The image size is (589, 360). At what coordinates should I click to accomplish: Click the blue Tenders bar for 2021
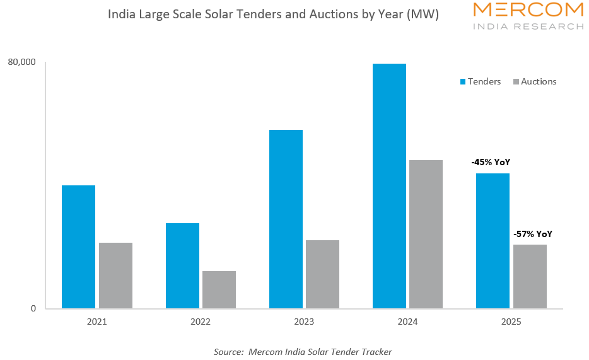point(79,247)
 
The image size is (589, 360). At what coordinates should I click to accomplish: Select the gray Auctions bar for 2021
point(115,276)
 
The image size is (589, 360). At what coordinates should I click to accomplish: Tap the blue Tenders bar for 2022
point(182,265)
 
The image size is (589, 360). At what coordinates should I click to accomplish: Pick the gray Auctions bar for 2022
point(219,289)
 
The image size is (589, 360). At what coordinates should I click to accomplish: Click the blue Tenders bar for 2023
point(286,219)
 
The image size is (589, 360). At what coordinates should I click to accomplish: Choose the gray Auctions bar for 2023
point(322,274)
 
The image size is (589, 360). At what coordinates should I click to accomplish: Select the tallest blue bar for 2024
point(389,186)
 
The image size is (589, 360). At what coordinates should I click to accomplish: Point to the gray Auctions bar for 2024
point(426,234)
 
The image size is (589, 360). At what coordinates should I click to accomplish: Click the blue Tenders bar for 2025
point(493,241)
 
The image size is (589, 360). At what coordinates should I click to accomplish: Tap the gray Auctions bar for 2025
point(530,276)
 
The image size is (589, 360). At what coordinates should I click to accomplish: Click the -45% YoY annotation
point(491,162)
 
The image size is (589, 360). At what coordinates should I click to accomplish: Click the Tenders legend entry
point(480,81)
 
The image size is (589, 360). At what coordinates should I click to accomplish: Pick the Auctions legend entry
point(535,81)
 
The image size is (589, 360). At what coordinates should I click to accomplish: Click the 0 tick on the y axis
point(33,308)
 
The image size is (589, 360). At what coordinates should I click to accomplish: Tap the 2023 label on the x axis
point(304,322)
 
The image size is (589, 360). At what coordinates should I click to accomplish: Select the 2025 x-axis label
point(511,322)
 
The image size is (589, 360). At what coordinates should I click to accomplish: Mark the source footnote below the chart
point(303,352)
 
